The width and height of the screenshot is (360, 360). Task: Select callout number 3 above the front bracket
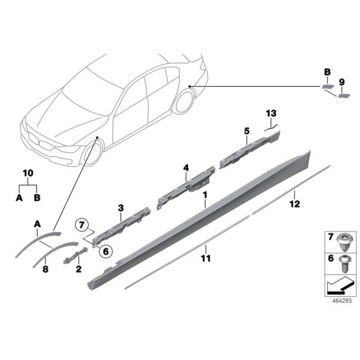click(120, 207)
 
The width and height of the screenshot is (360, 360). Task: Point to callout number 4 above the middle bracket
click(185, 168)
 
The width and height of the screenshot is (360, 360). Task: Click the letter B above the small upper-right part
click(327, 73)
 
